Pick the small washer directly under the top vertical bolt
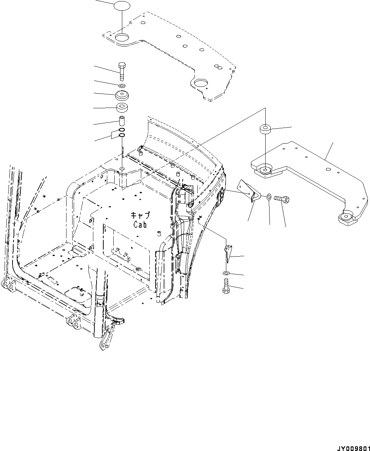coord(122,86)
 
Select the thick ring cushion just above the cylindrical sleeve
coord(122,107)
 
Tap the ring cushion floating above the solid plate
coord(265,129)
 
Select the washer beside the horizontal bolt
coord(268,196)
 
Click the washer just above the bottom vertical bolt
coord(226,273)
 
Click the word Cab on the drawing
coord(140,225)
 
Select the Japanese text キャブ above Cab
coord(140,215)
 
